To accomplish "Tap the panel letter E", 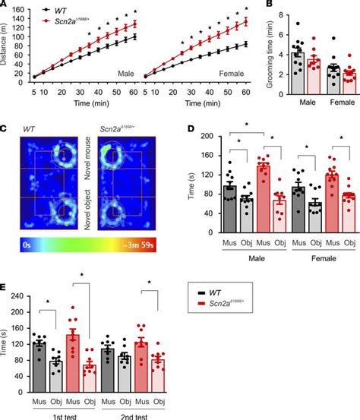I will pos(5,286).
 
